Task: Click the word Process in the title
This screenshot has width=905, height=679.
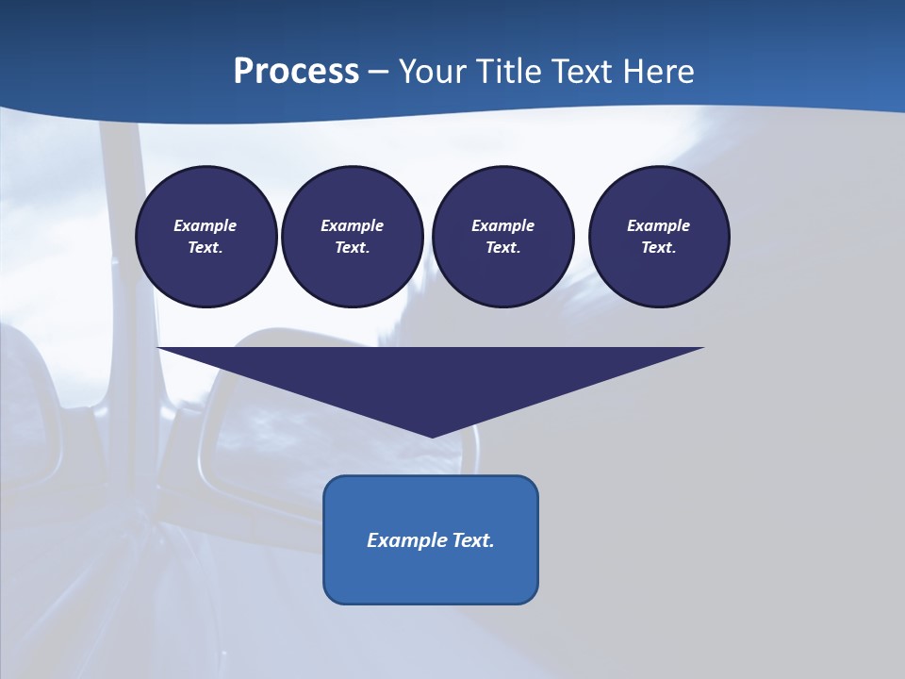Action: [x=296, y=72]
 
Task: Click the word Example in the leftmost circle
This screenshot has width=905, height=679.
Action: [x=206, y=225]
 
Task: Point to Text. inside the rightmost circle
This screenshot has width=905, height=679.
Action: [x=659, y=248]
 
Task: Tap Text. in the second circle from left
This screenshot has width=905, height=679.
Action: [x=353, y=248]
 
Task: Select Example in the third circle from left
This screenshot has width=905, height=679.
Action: [x=503, y=225]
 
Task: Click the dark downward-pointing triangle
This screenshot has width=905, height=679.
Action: [x=431, y=382]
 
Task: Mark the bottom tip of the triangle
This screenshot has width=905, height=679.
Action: [x=432, y=435]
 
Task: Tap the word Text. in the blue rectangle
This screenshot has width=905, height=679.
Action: [x=473, y=540]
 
